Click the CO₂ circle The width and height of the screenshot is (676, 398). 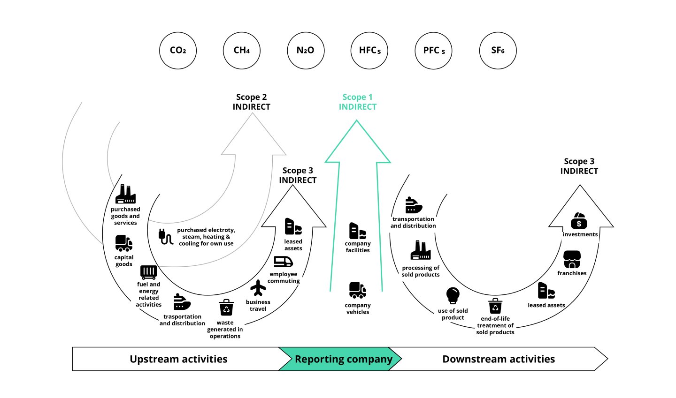point(177,51)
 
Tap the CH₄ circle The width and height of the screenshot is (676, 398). point(241,51)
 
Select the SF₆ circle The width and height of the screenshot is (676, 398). point(498,51)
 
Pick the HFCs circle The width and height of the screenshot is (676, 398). point(369,51)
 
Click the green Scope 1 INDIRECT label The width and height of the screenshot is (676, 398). point(358,102)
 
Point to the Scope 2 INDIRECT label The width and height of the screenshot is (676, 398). point(252,102)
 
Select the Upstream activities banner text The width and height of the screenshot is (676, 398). point(178,360)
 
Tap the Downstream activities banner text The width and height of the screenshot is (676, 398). point(499,360)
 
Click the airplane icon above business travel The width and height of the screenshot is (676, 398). point(258,288)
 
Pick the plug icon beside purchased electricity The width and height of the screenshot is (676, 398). point(166,237)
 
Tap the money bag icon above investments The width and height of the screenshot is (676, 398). point(579,221)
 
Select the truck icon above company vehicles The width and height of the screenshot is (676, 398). point(358,290)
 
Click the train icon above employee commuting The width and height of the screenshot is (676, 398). point(283,262)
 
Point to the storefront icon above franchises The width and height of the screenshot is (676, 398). point(572,260)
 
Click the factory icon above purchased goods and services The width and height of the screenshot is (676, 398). point(125,195)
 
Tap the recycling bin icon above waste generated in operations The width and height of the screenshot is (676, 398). point(226,308)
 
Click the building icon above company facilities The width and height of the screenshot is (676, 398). point(357,231)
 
